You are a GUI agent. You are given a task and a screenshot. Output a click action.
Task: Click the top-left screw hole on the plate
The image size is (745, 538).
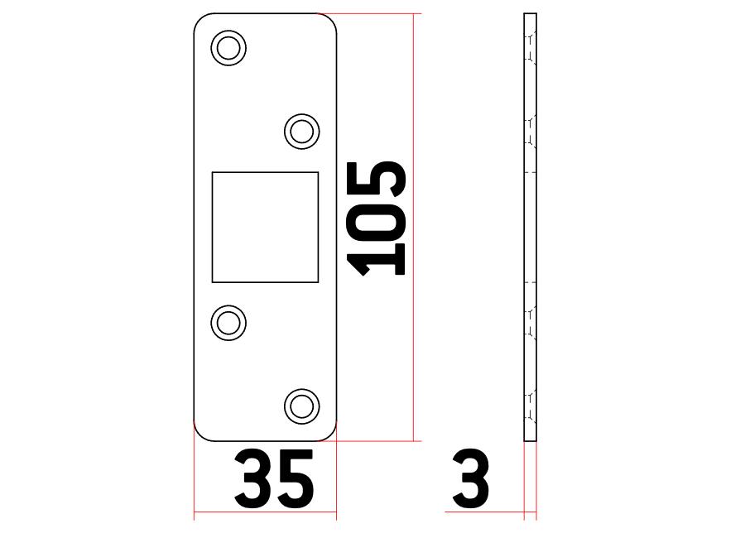pos(228,48)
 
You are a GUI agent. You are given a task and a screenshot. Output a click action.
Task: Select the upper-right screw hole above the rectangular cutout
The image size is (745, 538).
pos(301,131)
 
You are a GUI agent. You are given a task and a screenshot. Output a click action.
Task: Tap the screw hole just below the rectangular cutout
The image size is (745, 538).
pos(228,323)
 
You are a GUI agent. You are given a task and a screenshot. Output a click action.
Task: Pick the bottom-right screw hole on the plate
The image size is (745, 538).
pos(301,406)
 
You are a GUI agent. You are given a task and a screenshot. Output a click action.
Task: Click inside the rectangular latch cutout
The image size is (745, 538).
pos(265,227)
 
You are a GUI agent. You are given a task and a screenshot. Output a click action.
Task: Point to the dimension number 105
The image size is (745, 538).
pos(376,219)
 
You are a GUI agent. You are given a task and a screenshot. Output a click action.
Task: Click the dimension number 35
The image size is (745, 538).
pos(274,478)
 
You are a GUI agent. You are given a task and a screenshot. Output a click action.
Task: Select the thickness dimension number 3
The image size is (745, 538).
pos(470,478)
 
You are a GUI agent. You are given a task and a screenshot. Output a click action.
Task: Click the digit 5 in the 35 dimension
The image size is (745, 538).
pos(296,478)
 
